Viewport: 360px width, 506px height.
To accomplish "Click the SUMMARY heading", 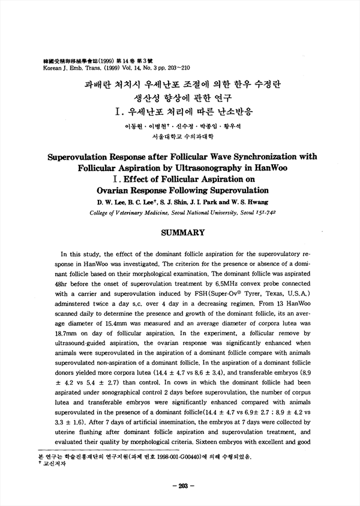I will (180, 232).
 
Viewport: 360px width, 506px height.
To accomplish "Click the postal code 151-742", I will (265, 212).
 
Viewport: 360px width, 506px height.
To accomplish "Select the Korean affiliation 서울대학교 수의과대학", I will (180, 136).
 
